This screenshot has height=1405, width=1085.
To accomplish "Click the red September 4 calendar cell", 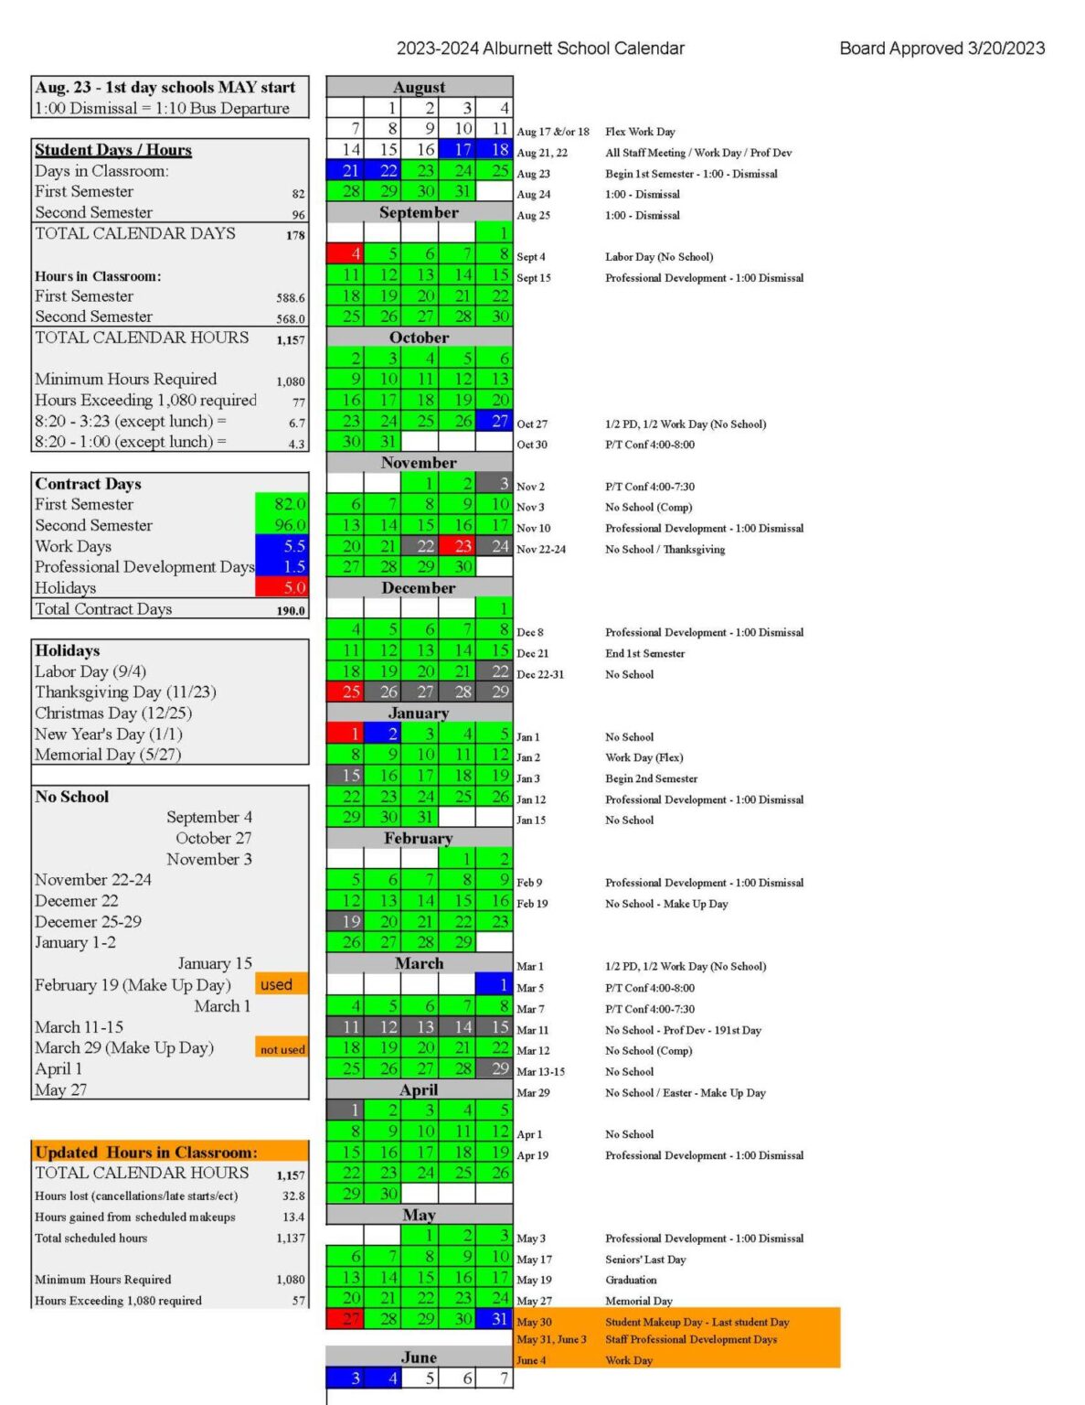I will point(345,253).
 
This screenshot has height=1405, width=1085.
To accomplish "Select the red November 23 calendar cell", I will point(456,546).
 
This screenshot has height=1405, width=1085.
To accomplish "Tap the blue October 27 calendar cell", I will point(494,421).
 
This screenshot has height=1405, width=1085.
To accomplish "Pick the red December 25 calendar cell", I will point(345,692).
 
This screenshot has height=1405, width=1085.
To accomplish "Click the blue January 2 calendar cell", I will point(382,733).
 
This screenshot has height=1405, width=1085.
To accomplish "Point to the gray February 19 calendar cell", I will point(345,921).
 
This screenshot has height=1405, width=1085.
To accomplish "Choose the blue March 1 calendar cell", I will point(494,984).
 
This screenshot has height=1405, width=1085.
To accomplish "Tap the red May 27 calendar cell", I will point(345,1318).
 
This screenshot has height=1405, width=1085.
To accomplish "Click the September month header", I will point(419,212).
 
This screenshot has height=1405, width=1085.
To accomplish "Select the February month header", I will point(419,838).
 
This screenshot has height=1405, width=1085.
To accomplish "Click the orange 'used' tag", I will point(282,984).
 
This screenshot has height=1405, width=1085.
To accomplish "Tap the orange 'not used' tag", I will point(282,1048).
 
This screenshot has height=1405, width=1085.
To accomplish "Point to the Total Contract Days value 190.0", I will point(291,610).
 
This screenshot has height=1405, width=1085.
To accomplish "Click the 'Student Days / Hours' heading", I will point(113,150).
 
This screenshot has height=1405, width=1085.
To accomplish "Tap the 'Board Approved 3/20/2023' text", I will point(941,48).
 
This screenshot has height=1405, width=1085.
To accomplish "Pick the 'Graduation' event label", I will point(631,1280).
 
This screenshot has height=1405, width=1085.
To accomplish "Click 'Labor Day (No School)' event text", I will point(659,257).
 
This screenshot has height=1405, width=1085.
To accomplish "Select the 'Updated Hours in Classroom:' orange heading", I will point(146,1153).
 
